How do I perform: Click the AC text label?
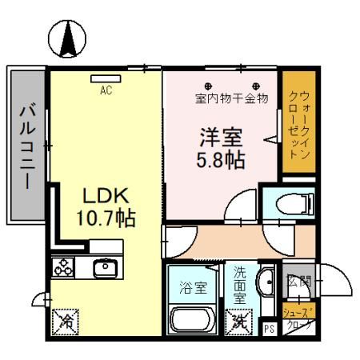click(105, 90)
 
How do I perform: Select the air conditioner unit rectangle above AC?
click(105, 78)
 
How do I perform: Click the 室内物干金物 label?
click(230, 99)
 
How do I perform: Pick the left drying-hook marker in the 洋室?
click(208, 86)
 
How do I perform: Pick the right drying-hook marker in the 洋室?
click(256, 86)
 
